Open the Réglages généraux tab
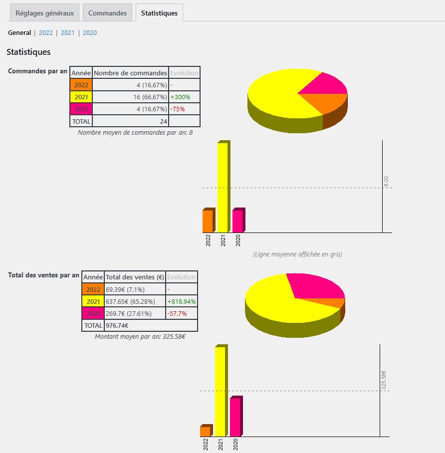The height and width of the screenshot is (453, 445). tap(44, 13)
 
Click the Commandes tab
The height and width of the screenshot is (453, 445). tap(107, 13)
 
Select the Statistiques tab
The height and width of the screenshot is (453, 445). tap(159, 13)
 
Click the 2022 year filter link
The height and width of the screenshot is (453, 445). tap(46, 33)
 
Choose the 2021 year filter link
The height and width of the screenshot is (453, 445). tap(68, 33)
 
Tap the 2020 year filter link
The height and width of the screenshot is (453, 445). tap(90, 33)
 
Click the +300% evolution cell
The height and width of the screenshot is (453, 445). tap(180, 97)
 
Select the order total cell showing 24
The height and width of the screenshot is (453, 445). tap(130, 121)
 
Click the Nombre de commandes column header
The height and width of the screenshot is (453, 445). tap(130, 73)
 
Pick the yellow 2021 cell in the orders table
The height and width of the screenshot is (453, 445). tap(81, 97)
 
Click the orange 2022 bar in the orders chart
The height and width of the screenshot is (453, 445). tap(208, 221)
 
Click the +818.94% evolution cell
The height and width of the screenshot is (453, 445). tap(182, 301)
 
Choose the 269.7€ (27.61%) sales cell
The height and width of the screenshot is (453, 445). tap(134, 313)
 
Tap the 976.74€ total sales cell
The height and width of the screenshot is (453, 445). tap(117, 325)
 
